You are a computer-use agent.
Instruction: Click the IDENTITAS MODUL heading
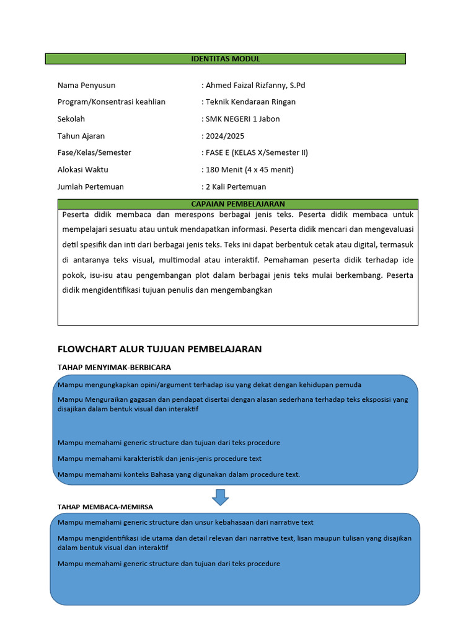226,59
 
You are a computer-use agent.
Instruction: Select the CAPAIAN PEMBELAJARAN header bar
238,204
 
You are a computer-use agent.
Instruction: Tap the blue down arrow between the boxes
220,497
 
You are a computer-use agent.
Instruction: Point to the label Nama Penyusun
86,85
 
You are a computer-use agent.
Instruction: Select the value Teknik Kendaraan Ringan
250,102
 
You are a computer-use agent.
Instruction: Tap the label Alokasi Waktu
82,169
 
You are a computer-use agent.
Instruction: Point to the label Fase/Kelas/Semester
94,153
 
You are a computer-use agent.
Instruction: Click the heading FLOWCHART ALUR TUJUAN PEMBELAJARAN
159,349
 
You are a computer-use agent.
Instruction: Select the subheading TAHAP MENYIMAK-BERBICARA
114,367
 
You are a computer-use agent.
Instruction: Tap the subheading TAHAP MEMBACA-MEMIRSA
105,507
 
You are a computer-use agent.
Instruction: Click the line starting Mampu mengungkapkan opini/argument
209,384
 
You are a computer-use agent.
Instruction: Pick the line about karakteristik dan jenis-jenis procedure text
159,459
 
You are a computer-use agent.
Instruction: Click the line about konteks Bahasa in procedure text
178,474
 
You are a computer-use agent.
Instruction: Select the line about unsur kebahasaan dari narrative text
185,522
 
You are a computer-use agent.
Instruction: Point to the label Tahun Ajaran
81,136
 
